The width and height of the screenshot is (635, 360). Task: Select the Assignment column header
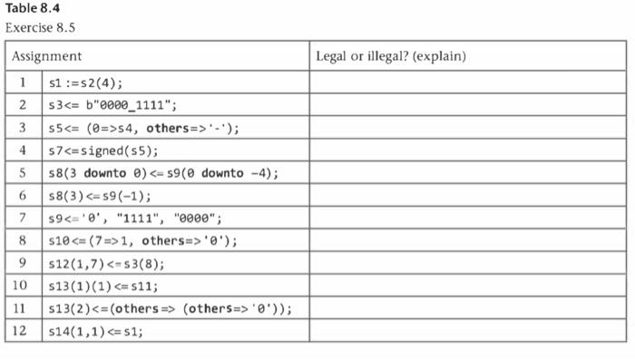coord(46,56)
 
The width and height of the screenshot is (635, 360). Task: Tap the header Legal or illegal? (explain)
coord(390,56)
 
